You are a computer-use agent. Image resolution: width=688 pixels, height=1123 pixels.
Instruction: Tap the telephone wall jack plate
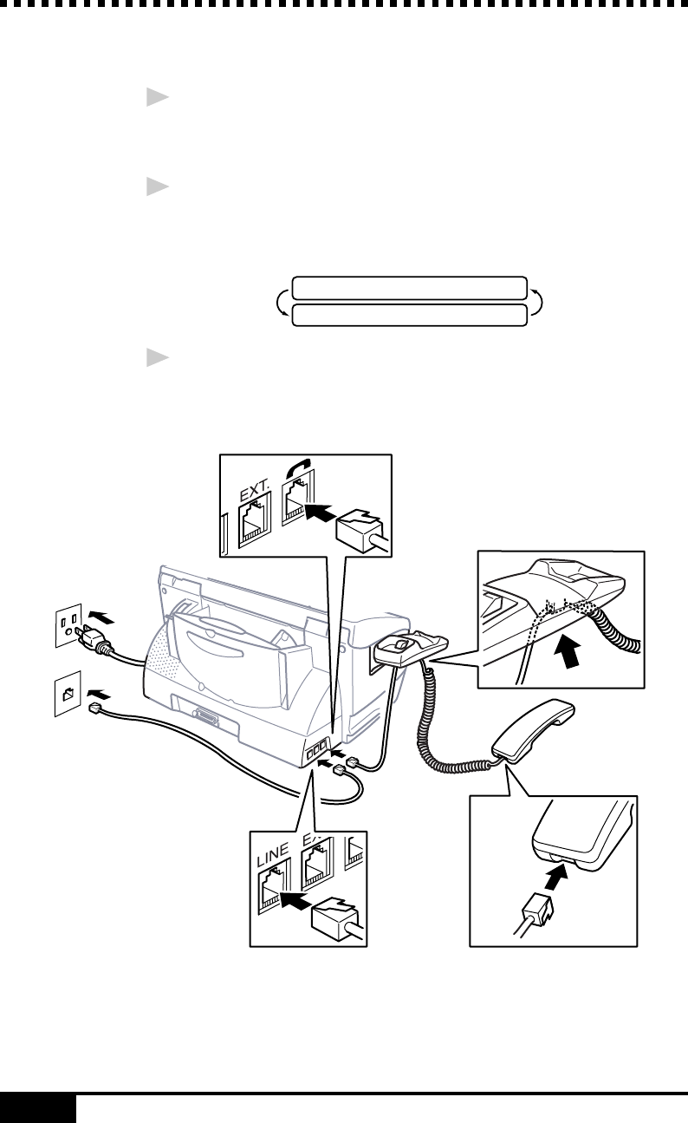click(68, 693)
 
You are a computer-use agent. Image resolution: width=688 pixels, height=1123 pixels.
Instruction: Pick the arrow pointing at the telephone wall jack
click(100, 694)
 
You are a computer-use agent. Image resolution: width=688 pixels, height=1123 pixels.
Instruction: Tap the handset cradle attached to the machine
click(411, 644)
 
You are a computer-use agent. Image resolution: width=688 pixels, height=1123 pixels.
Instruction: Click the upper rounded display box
click(409, 288)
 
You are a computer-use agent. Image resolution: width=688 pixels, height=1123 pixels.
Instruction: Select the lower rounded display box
click(409, 315)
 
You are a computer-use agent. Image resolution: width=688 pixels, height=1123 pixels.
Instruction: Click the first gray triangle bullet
click(155, 98)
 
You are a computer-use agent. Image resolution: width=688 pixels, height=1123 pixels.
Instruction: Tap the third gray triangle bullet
click(155, 358)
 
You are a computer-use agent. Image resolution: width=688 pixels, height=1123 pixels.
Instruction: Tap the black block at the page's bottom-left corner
click(38, 1108)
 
